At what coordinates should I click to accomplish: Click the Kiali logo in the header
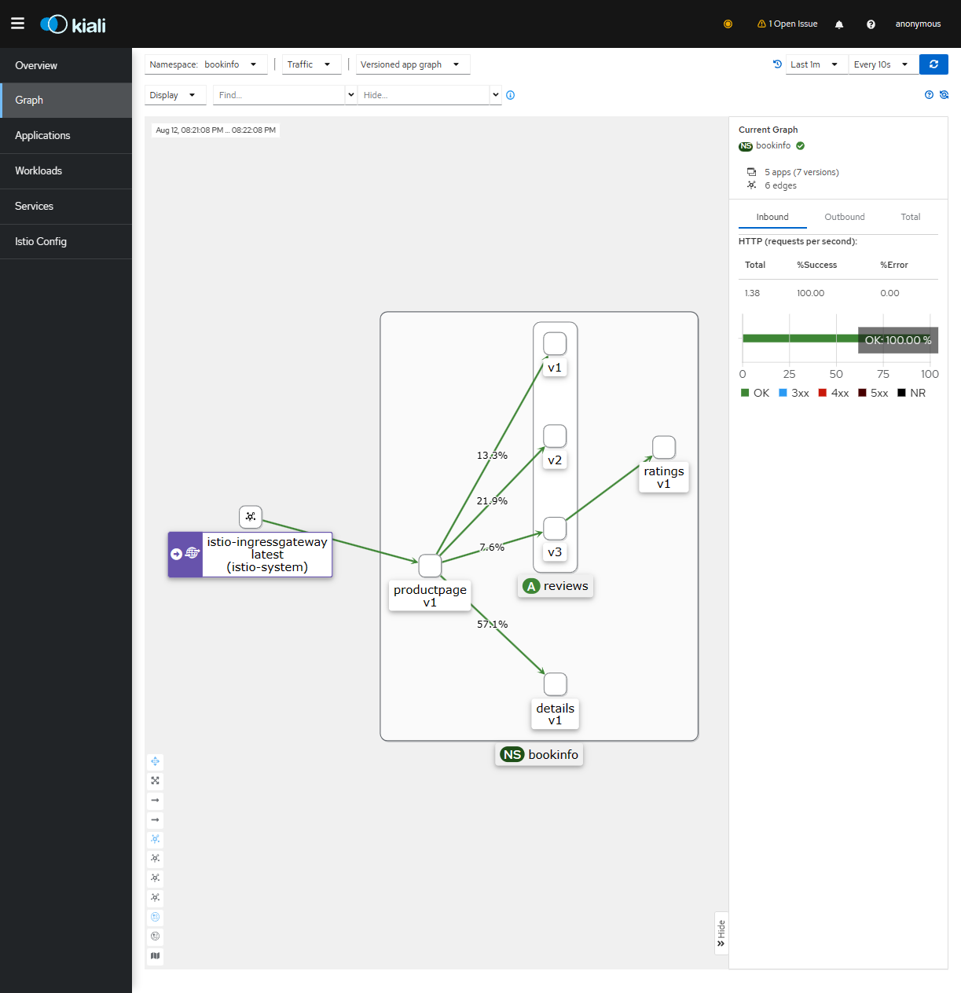[73, 24]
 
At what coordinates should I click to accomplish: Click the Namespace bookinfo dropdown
[206, 64]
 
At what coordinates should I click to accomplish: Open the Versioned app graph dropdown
[413, 64]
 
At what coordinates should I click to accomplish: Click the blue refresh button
[933, 64]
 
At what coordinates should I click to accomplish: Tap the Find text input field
[279, 95]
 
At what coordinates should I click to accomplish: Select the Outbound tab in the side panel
[844, 217]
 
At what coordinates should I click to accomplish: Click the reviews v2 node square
[555, 436]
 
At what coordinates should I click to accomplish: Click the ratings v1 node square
[663, 447]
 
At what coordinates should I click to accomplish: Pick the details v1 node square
[555, 683]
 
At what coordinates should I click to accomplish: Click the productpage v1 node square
[430, 566]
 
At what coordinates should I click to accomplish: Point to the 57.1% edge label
[492, 624]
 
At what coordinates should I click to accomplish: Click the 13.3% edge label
[492, 455]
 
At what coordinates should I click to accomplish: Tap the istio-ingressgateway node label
[267, 555]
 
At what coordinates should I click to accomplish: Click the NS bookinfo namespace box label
[539, 754]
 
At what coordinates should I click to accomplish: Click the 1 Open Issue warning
[787, 24]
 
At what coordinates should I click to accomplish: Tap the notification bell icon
[839, 24]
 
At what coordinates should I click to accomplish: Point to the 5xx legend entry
[873, 393]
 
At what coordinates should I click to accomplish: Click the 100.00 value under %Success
[810, 293]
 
